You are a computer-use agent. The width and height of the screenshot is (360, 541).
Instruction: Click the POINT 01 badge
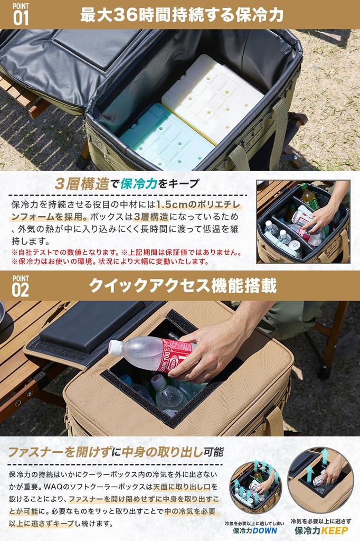[21, 14]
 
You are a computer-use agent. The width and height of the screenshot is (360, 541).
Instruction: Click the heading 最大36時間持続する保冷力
[182, 15]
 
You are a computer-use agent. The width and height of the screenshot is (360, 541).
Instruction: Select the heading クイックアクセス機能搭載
[183, 286]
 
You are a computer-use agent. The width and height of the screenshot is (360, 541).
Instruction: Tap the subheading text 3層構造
[82, 183]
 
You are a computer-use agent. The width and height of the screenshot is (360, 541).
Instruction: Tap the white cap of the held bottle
[113, 348]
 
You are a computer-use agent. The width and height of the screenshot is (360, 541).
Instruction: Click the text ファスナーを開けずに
[63, 452]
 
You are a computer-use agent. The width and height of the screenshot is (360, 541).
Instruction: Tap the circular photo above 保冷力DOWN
[255, 486]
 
